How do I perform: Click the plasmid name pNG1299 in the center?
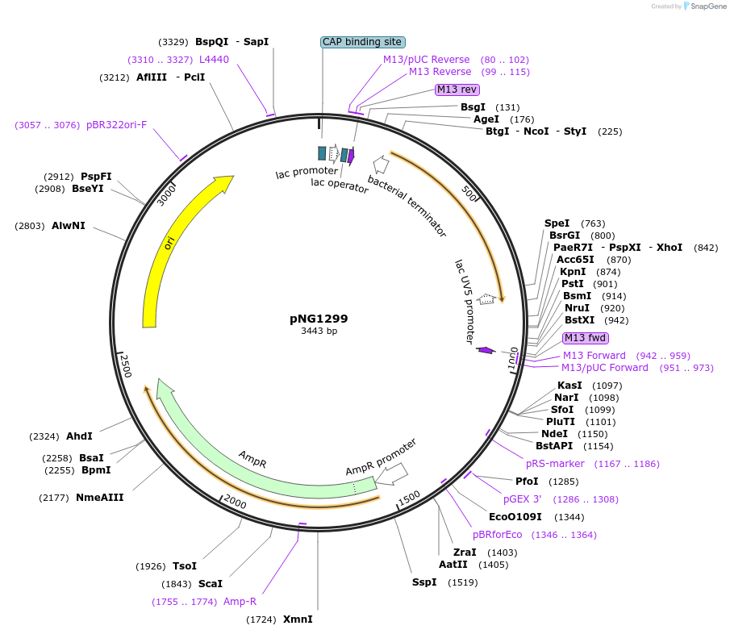point(319,319)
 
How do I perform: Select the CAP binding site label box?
point(362,42)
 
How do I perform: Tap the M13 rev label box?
point(457,90)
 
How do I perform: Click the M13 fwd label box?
point(586,338)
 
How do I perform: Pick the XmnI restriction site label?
point(298,619)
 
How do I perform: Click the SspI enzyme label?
point(423,582)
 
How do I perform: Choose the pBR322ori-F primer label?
point(116,125)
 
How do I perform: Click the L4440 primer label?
point(214,60)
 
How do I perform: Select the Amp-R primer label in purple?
point(240,602)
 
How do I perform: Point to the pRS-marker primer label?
point(555,464)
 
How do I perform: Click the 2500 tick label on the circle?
point(126,365)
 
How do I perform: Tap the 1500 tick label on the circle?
point(409,498)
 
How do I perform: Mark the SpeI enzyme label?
point(557,223)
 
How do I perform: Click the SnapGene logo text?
point(704,6)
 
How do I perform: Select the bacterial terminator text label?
point(407,206)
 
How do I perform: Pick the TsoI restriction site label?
point(185,566)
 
